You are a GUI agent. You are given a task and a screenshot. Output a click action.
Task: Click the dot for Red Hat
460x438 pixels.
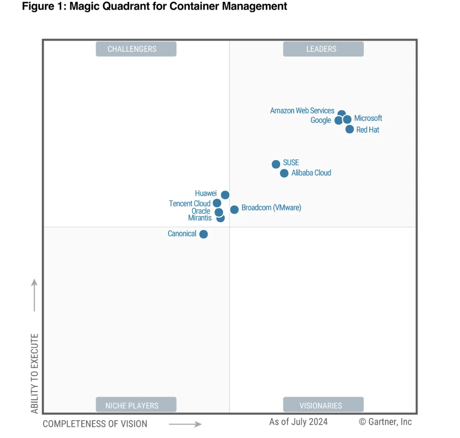coord(350,129)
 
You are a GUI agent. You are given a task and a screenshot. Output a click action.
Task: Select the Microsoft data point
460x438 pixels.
coord(347,119)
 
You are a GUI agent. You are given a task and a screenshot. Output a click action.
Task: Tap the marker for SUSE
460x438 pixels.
coord(276,164)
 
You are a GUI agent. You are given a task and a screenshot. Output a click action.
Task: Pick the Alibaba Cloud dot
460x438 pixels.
coord(284,173)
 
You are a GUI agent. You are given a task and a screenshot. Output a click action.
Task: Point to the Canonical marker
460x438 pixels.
coord(203,234)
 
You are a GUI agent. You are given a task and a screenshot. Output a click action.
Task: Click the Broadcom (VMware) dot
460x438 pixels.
coord(234,209)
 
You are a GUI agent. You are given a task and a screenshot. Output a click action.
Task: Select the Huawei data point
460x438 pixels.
coord(225,195)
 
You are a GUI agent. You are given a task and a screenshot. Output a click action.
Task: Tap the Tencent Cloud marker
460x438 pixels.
coord(217,203)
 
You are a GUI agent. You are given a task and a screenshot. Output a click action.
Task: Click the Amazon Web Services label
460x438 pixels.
coord(302,110)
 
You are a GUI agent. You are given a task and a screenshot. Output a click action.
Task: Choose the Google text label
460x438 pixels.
coord(321,120)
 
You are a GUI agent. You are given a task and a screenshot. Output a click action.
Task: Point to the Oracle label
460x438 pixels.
coord(201,211)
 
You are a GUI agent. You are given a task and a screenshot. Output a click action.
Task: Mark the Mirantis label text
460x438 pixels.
coord(200,218)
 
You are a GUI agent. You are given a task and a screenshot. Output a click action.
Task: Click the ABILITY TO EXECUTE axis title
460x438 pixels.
coord(35,373)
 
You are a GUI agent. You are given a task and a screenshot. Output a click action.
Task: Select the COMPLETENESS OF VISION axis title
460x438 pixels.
coord(95,423)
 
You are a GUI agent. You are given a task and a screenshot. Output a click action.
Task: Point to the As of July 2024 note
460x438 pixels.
coord(298,421)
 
